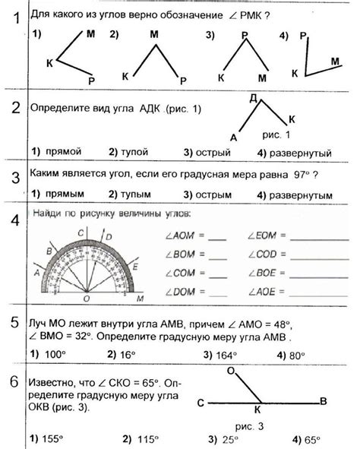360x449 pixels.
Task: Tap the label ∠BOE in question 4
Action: [262, 273]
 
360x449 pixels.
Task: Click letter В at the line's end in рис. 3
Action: [322, 400]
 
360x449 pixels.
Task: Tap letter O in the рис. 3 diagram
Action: [230, 371]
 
